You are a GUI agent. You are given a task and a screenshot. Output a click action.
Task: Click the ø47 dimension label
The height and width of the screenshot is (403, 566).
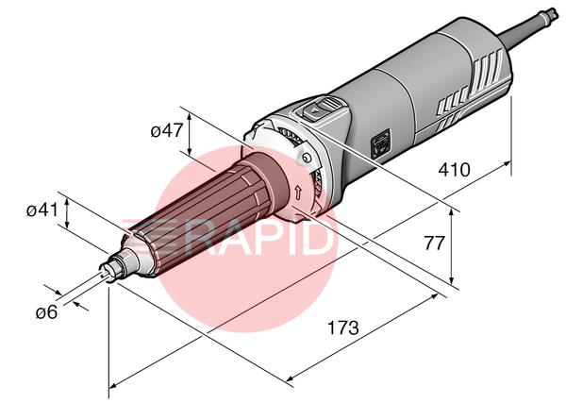tap(167, 130)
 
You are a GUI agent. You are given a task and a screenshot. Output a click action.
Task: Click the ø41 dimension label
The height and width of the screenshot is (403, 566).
tap(42, 210)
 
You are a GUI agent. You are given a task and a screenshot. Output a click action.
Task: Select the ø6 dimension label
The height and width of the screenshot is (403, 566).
tap(46, 312)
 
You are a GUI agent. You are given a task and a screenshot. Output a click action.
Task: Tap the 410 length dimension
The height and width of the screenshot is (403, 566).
tap(454, 170)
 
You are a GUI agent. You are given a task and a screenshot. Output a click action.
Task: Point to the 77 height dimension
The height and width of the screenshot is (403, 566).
tap(434, 243)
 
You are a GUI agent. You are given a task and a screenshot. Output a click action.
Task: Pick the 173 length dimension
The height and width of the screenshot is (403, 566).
tap(343, 327)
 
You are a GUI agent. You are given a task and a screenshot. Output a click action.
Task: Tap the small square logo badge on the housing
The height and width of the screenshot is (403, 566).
tap(381, 144)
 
